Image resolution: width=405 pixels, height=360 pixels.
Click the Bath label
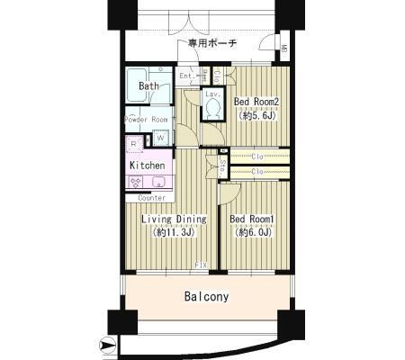[149, 87]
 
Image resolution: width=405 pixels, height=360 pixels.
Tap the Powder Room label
[146, 120]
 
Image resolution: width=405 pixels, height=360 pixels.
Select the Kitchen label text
[147, 166]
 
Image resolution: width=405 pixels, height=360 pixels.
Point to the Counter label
[144, 197]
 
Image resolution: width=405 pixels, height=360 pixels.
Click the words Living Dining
[173, 219]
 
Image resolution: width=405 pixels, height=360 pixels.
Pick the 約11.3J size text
[173, 232]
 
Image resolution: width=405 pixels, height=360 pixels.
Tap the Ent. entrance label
[186, 76]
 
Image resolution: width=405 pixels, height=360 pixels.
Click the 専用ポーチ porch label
[212, 42]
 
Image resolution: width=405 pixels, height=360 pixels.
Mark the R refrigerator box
[133, 141]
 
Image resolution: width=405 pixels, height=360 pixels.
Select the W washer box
[159, 138]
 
